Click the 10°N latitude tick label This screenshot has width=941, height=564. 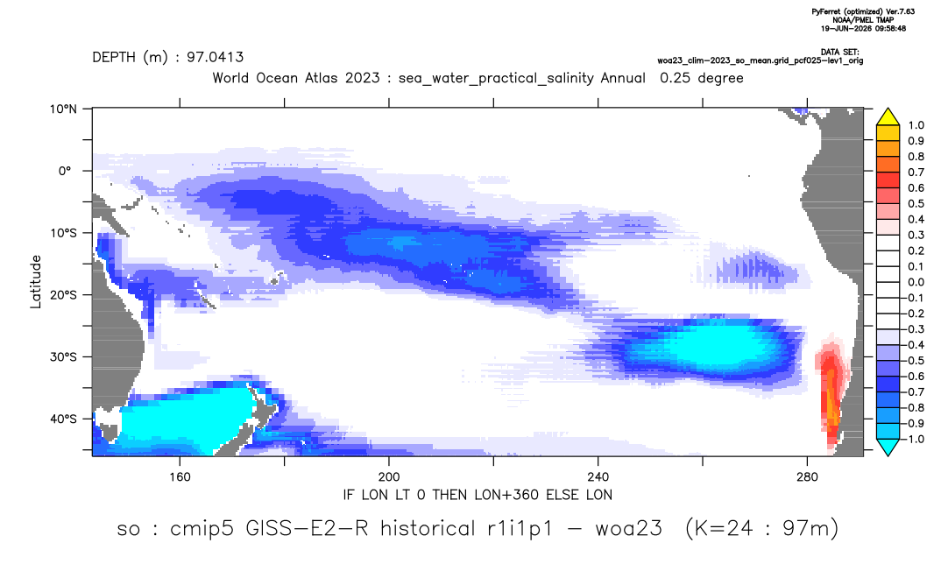click(63, 109)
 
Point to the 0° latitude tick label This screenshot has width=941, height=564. click(65, 171)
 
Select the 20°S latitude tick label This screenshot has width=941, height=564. click(63, 295)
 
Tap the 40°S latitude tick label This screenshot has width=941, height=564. click(63, 419)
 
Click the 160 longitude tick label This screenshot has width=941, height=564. click(180, 477)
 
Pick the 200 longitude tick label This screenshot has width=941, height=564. click(389, 477)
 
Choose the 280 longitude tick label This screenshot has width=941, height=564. click(807, 477)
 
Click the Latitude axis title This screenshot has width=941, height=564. click(36, 282)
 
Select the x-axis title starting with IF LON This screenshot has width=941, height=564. click(478, 495)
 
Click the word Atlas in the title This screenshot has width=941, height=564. click(321, 78)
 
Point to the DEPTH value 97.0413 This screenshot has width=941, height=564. click(215, 57)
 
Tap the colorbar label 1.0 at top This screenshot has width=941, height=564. click(916, 125)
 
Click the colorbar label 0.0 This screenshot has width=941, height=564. click(916, 282)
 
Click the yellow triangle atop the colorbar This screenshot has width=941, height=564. click(888, 116)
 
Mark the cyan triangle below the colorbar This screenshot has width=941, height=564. click(888, 447)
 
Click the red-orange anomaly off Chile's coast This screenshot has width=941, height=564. click(831, 390)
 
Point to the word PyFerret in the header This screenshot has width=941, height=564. click(827, 12)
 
